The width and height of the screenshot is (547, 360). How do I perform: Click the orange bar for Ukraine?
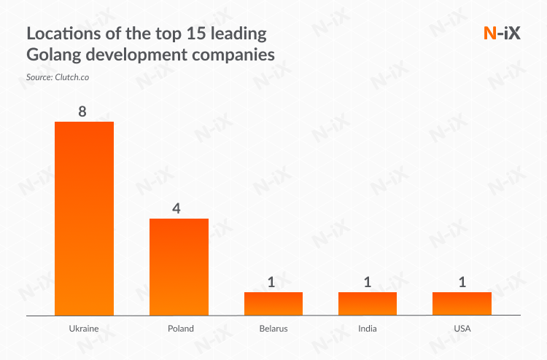pyautogui.click(x=85, y=218)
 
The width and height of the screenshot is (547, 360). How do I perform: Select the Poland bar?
pyautogui.click(x=179, y=267)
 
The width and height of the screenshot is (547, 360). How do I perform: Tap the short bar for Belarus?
pyautogui.click(x=273, y=303)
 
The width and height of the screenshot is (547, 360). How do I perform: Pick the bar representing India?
pyautogui.click(x=367, y=303)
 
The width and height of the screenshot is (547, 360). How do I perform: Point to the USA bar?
pyautogui.click(x=462, y=303)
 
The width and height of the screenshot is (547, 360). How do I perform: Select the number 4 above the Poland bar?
pyautogui.click(x=176, y=208)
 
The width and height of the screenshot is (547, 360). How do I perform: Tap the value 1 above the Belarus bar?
pyautogui.click(x=271, y=282)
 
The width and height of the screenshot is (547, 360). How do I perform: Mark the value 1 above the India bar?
pyautogui.click(x=366, y=282)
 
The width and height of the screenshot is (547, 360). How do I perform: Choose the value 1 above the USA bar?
pyautogui.click(x=460, y=282)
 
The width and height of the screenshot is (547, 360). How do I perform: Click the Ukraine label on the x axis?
pyautogui.click(x=84, y=329)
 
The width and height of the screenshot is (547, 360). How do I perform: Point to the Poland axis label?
pyautogui.click(x=179, y=329)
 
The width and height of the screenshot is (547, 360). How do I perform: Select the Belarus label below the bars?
pyautogui.click(x=273, y=329)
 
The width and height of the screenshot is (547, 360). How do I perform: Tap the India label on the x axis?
pyautogui.click(x=368, y=329)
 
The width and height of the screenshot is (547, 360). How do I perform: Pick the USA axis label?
pyautogui.click(x=462, y=329)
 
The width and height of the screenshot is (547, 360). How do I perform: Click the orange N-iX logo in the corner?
pyautogui.click(x=502, y=33)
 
